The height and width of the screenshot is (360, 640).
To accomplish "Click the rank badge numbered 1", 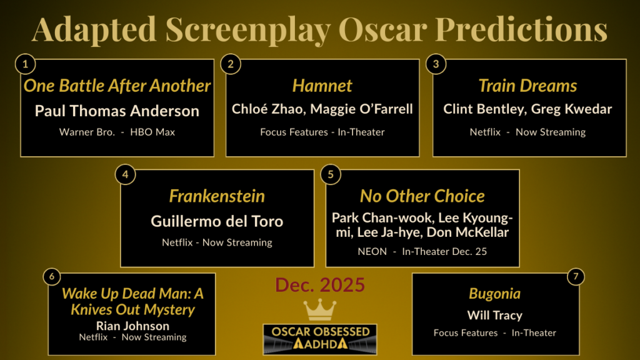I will click(25, 64).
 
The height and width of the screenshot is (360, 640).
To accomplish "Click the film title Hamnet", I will click(322, 86).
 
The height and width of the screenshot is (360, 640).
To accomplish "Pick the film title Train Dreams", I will click(527, 86).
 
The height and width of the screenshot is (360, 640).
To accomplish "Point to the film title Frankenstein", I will click(217, 196).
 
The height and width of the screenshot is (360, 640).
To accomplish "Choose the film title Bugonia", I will click(494, 294).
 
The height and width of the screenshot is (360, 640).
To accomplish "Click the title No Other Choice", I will click(422, 196).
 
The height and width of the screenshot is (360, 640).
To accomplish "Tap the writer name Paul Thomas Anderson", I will click(117, 111).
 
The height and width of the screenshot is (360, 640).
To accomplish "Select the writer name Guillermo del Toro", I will click(217, 221).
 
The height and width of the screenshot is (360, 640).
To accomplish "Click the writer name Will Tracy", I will click(494, 315).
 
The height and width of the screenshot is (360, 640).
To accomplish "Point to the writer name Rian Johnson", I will click(132, 326).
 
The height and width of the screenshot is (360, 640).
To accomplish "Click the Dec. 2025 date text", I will click(320, 285).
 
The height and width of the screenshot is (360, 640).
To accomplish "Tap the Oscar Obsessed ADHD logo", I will click(320, 339).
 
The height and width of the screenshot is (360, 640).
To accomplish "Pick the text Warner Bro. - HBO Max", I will click(117, 132).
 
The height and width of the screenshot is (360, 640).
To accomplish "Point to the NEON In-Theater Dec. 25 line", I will click(422, 251).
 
